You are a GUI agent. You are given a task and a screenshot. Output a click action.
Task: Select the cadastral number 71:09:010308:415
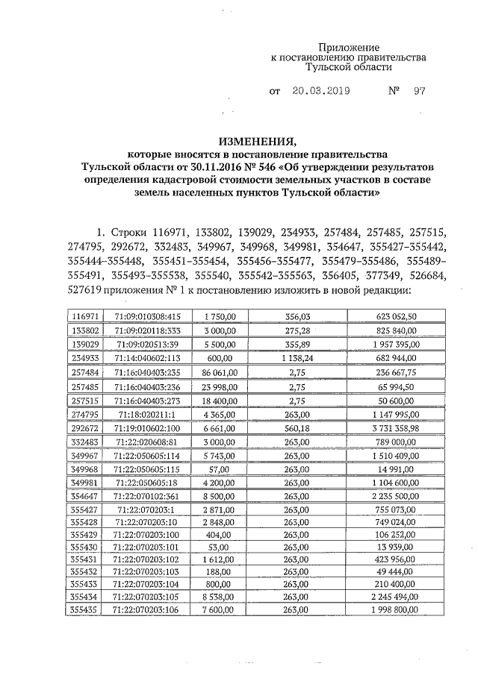click(x=147, y=317)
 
